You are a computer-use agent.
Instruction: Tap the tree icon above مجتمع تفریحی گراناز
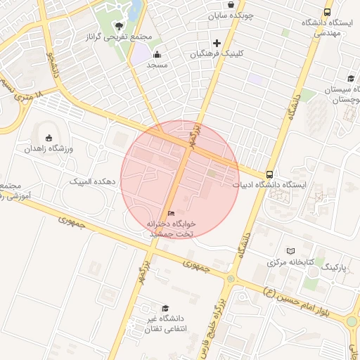tap(118, 26)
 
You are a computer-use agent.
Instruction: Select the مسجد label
tap(156, 65)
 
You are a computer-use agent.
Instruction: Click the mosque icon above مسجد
tap(157, 54)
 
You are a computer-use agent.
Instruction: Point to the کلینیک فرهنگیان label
tap(219, 53)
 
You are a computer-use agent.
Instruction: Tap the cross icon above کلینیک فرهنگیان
tap(217, 43)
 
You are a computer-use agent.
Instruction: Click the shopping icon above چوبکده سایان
tap(231, 4)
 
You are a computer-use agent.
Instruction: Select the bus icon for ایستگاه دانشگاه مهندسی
tap(327, 12)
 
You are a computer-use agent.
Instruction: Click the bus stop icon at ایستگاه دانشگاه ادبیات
tap(271, 174)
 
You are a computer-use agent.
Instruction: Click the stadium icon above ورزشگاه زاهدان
tap(49, 138)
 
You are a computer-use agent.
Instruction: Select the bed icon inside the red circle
tap(172, 213)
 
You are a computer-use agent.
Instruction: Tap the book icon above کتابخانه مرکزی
tap(291, 251)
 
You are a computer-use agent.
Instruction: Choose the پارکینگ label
tap(334, 268)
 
